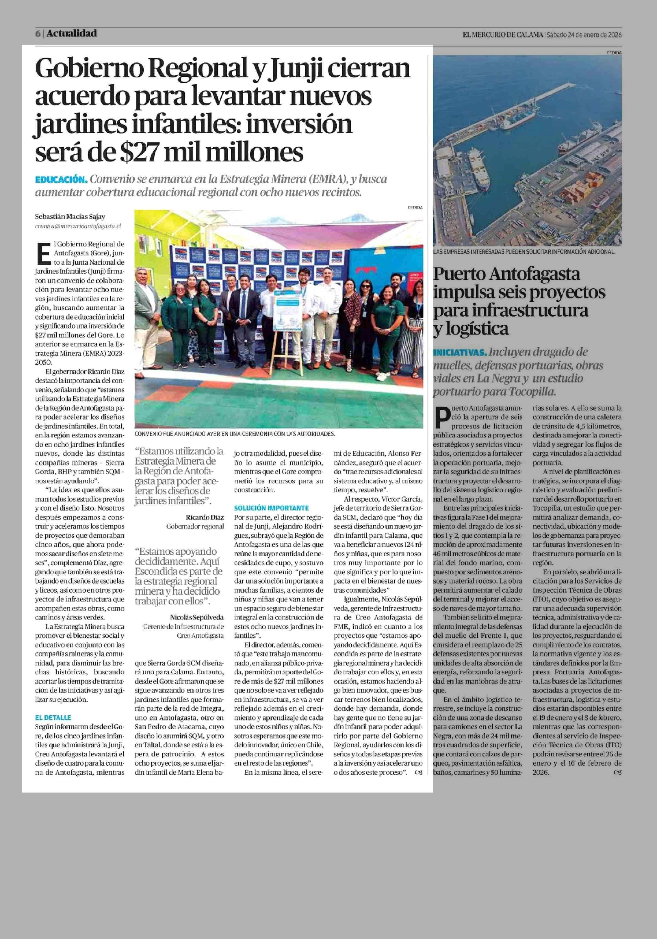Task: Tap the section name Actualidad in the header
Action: pos(71,33)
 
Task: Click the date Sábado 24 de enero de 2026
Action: pos(584,35)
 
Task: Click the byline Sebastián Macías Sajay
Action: pos(70,217)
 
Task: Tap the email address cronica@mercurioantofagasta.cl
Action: pos(78,226)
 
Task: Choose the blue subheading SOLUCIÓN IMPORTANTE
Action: pos(271,508)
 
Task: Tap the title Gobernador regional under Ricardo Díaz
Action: pos(195,526)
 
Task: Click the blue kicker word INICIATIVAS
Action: pos(460,352)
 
